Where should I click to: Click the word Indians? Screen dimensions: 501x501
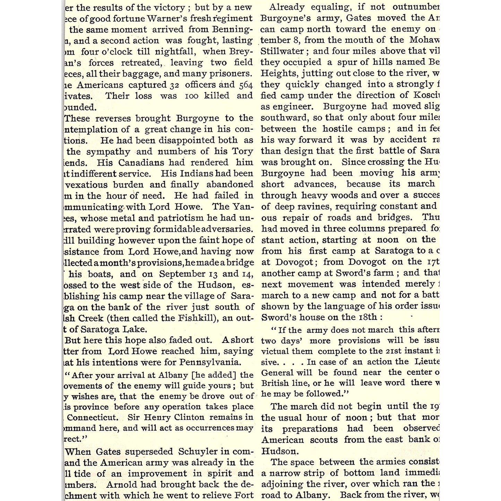[197, 174]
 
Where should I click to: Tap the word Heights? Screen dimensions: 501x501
[279, 74]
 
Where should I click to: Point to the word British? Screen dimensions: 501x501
[275, 383]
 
